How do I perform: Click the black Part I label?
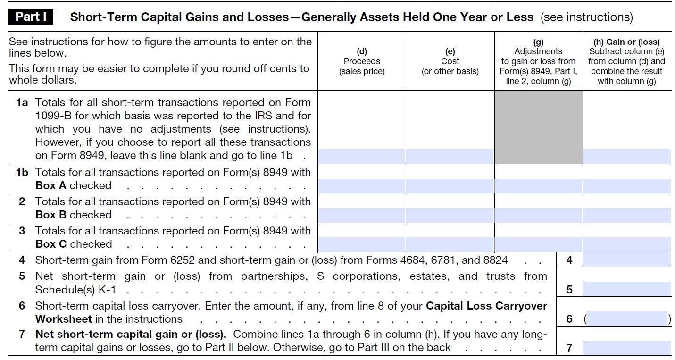point(31,17)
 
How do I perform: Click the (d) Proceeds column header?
point(361,61)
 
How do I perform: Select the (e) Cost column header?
point(450,61)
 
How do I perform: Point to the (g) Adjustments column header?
point(538,61)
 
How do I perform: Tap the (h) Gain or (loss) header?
point(626,61)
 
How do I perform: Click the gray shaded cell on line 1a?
point(538,127)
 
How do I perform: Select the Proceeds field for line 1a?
point(361,156)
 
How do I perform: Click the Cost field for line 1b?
point(450,186)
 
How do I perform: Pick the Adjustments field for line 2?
point(538,215)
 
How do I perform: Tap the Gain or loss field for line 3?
point(626,244)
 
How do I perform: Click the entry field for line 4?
point(626,260)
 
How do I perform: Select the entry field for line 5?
point(626,289)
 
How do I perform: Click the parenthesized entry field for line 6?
point(626,318)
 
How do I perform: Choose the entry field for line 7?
point(626,348)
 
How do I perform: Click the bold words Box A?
point(50,186)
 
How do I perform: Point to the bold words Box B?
point(50,215)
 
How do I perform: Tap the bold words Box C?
point(50,244)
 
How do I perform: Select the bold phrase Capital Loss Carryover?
point(486,306)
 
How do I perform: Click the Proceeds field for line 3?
point(361,244)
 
